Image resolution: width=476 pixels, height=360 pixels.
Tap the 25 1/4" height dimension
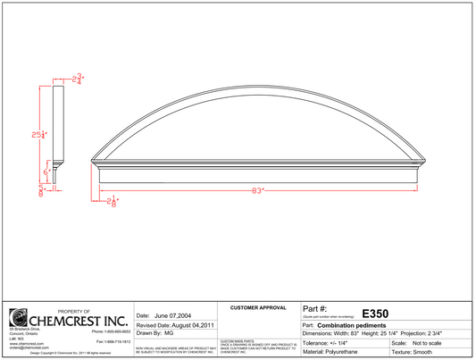[x=38, y=135]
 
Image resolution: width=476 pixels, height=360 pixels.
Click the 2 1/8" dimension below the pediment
[x=113, y=203]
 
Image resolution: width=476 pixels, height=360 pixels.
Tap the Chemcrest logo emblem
[x=18, y=318]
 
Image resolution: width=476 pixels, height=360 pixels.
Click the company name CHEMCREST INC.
[x=79, y=319]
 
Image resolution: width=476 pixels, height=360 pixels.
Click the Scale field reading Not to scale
[x=435, y=343]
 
